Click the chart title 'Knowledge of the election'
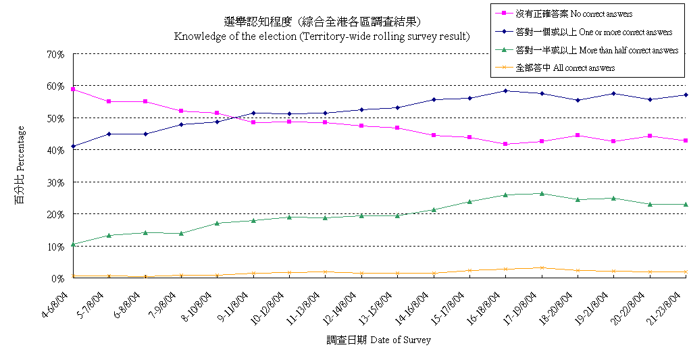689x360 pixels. [x=322, y=36]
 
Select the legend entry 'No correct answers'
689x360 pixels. [x=574, y=14]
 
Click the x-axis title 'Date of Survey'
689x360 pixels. [x=378, y=340]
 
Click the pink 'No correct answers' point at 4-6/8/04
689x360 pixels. [x=73, y=89]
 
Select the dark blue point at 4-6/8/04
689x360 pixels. [x=73, y=146]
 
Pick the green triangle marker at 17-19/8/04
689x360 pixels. [x=541, y=193]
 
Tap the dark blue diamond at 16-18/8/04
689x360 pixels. [x=505, y=91]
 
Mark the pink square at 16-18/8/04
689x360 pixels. [x=505, y=144]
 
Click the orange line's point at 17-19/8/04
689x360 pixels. [x=541, y=267]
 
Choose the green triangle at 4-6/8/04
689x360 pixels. [x=73, y=244]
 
